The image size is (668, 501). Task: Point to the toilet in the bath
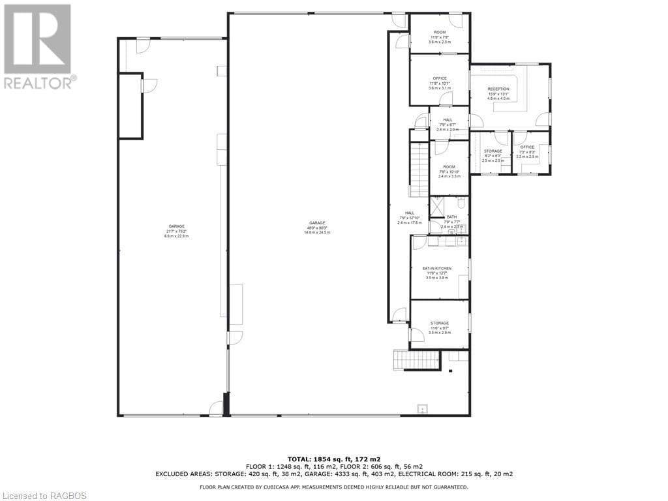pos(461,202)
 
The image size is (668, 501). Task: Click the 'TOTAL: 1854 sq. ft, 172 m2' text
pos(333,459)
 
